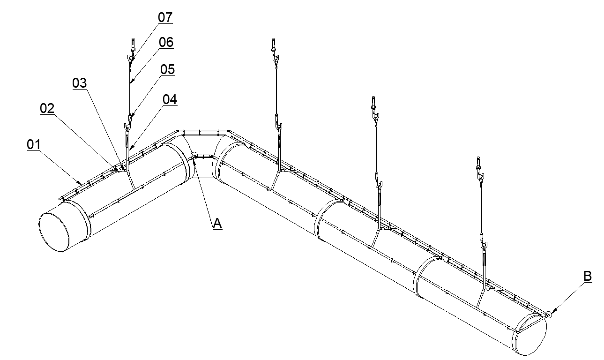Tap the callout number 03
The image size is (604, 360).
click(x=79, y=83)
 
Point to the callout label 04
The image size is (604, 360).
click(x=170, y=100)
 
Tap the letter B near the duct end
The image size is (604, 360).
click(x=588, y=277)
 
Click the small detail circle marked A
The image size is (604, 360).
click(x=194, y=155)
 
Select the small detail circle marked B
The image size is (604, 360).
click(x=548, y=315)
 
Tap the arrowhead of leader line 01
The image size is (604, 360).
click(x=81, y=182)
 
